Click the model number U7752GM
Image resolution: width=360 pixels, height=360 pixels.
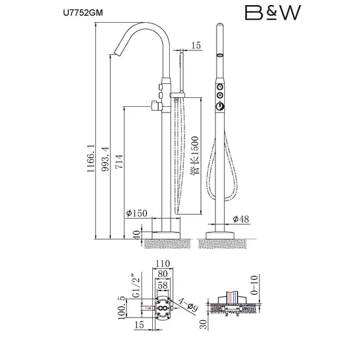83,13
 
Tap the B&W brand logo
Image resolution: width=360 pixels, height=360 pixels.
273,13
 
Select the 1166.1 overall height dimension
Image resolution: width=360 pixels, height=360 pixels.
91,158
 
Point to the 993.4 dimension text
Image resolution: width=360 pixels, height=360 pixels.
105,159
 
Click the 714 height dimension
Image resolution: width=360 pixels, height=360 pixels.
119,162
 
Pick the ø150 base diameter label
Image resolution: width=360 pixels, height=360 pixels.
136,213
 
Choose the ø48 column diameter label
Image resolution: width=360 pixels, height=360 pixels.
241,219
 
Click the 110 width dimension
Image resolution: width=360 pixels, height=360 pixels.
163,263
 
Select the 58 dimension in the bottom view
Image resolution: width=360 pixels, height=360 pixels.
163,285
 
